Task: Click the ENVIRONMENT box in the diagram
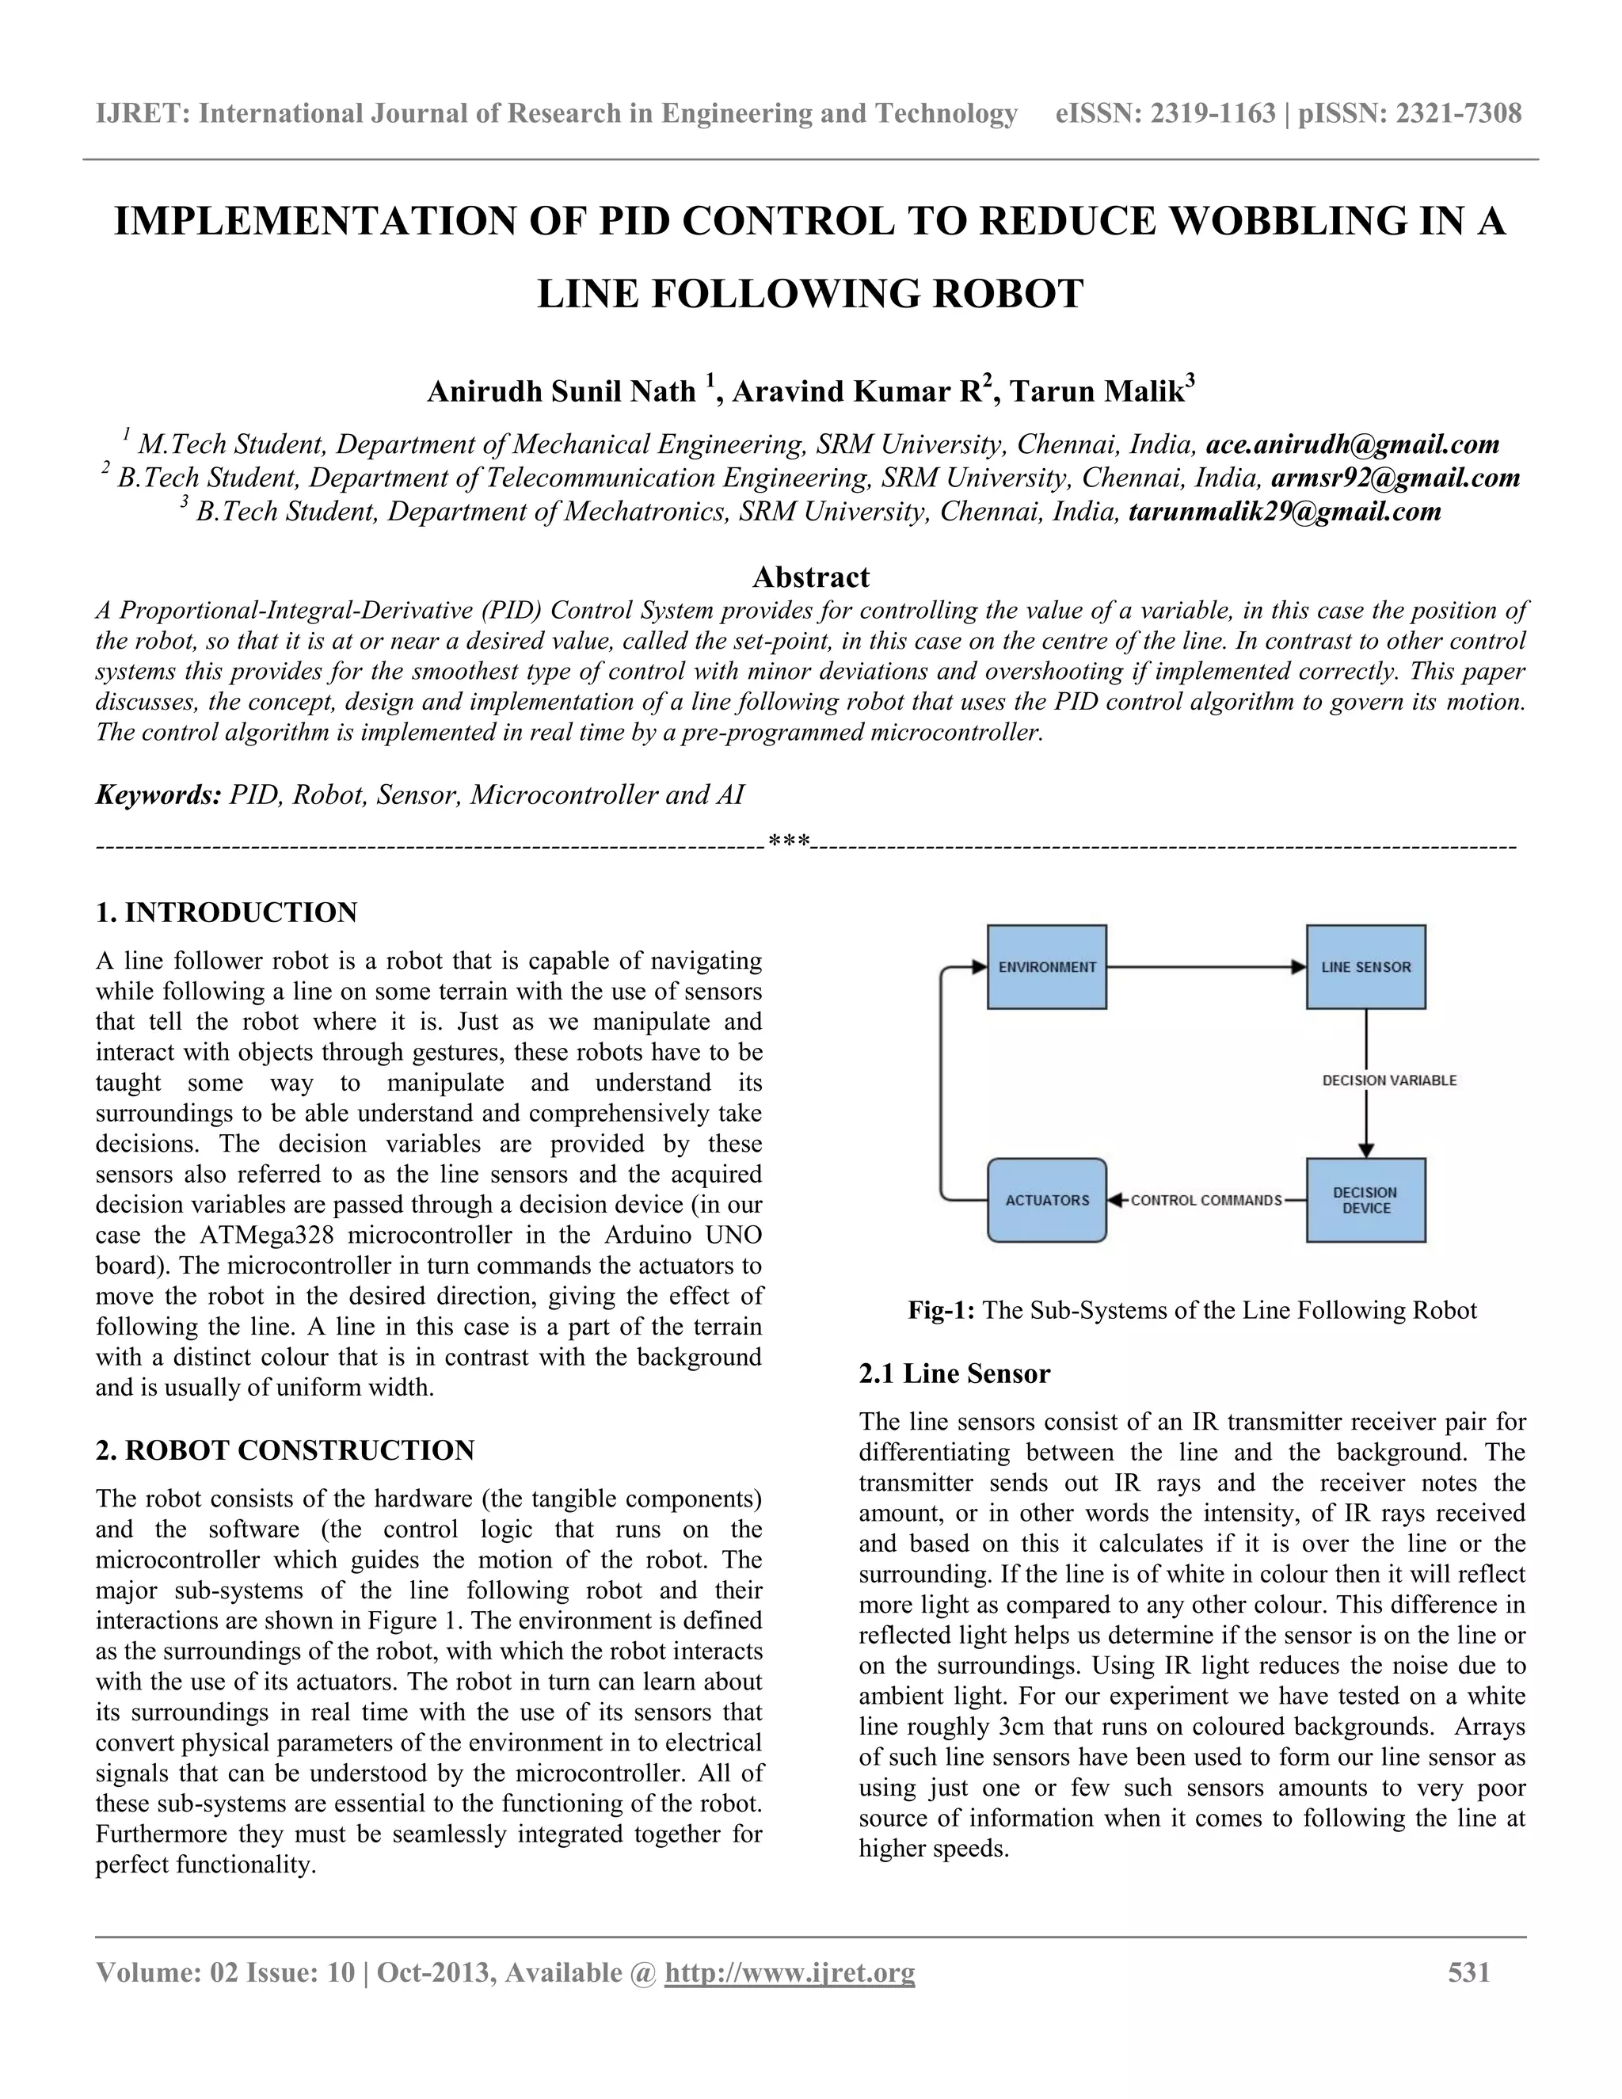pos(1046,967)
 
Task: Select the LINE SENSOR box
pos(1365,967)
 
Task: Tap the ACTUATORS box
pos(1046,1199)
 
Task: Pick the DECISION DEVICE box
pos(1365,1199)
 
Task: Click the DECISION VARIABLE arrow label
pos(1389,1080)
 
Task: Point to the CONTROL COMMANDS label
pos(1206,1200)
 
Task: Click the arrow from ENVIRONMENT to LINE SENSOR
pos(1206,967)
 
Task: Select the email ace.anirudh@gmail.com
pos(1352,444)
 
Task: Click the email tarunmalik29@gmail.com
pos(1285,512)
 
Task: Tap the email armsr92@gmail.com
pos(1395,478)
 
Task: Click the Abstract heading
pos(810,577)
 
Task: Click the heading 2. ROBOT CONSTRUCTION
pos(285,1450)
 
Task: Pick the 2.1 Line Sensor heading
pos(954,1373)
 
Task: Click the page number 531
pos(1468,1972)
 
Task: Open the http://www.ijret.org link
pos(789,1973)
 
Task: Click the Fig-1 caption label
pos(942,1310)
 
